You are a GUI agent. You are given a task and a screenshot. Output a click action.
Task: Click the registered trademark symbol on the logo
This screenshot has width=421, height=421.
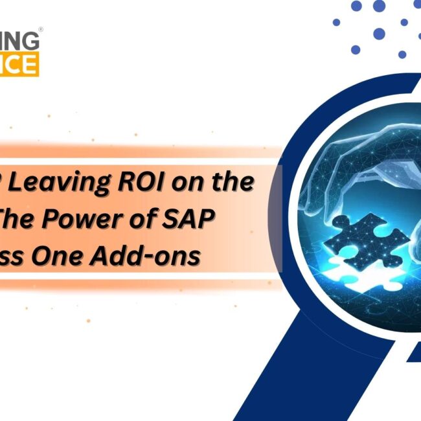pos(41,29)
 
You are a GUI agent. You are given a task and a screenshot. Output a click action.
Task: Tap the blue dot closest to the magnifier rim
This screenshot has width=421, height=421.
pos(356,49)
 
